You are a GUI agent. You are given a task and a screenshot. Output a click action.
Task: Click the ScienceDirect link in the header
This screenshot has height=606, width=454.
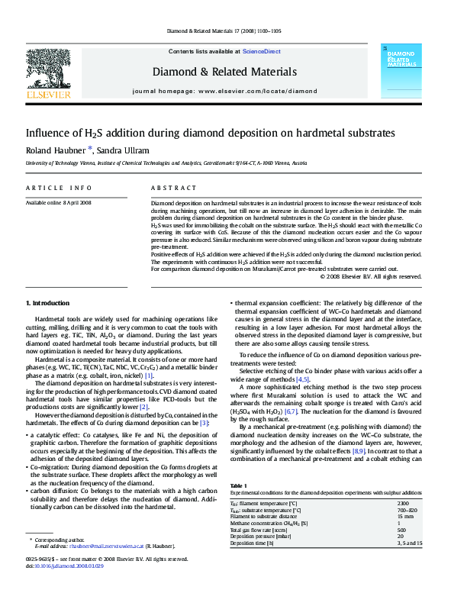point(261,52)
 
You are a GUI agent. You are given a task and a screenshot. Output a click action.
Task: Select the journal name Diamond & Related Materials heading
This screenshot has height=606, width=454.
point(224,73)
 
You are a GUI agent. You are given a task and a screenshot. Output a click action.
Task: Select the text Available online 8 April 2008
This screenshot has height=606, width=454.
point(59,203)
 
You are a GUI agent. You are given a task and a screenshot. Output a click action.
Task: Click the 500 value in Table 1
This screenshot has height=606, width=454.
point(402,530)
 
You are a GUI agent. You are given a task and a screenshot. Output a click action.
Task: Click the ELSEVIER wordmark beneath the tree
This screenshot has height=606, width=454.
point(48,95)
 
